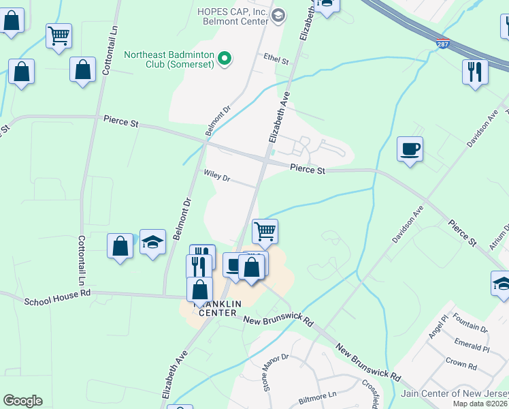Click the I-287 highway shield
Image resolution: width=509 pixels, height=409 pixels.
443,43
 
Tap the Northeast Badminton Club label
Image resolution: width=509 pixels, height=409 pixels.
169,59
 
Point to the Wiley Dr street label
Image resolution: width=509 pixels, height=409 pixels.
217,176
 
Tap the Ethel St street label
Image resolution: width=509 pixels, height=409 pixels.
276,59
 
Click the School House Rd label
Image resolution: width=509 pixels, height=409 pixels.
57,299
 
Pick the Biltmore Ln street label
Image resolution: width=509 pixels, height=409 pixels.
323,394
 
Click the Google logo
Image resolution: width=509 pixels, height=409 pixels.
22,401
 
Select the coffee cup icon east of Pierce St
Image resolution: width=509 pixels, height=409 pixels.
410,149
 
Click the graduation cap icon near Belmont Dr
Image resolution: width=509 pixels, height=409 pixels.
153,241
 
